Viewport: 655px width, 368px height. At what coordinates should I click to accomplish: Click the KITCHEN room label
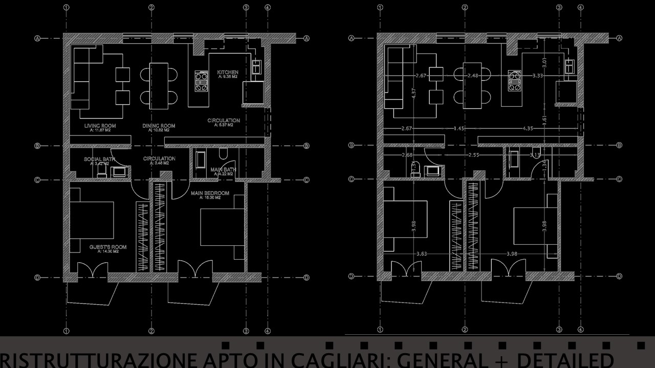click(228, 72)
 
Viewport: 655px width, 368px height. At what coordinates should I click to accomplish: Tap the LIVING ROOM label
click(100, 126)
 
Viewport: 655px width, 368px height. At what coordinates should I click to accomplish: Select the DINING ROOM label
click(159, 126)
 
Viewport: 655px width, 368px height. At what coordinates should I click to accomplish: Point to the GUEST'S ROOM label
click(108, 247)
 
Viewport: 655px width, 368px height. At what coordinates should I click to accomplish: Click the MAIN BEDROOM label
click(210, 194)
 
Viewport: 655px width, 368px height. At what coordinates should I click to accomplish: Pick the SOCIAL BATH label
click(99, 159)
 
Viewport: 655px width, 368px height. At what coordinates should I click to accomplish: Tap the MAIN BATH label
click(223, 170)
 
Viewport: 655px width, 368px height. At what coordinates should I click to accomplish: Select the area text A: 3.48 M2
click(159, 163)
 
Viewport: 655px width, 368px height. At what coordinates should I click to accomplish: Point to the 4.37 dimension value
click(413, 94)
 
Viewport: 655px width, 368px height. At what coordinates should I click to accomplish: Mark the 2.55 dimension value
click(473, 154)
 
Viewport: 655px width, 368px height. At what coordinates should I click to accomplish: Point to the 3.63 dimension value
click(422, 254)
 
